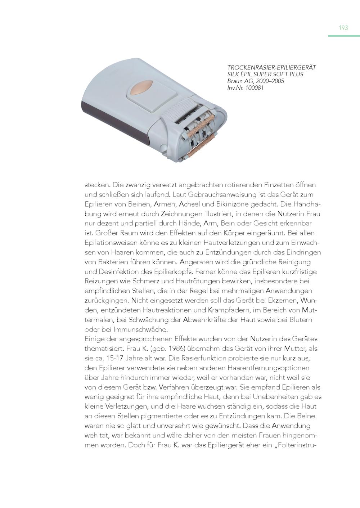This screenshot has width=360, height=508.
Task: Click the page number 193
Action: point(343,28)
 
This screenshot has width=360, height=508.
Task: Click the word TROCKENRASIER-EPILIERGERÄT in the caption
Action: point(271,68)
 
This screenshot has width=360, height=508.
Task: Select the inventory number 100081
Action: point(254,87)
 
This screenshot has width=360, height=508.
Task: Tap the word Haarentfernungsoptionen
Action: point(269,368)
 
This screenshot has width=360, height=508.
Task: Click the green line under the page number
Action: point(344,36)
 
